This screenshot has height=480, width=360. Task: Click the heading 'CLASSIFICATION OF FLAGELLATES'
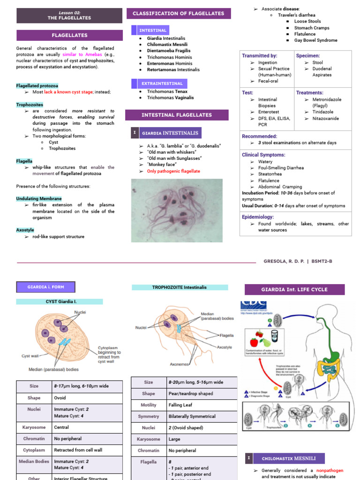(179, 14)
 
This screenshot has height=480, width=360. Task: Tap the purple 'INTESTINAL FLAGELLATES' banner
(177, 115)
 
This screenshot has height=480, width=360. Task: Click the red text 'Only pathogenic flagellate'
(173, 171)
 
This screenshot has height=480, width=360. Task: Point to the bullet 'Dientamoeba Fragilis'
(169, 51)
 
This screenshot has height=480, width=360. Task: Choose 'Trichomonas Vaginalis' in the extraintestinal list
(170, 97)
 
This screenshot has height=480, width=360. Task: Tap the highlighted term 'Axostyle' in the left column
(25, 230)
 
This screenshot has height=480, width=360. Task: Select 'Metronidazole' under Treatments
(327, 99)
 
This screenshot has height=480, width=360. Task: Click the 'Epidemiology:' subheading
(258, 217)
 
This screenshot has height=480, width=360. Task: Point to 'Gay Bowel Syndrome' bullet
(315, 40)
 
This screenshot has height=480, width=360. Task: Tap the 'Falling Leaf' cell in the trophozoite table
(180, 405)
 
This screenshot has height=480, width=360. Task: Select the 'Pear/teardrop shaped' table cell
(190, 394)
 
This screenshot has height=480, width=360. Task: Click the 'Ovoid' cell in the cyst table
(60, 398)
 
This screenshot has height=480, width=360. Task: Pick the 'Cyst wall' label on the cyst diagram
(30, 356)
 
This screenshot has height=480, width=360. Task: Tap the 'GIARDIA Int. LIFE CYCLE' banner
(295, 289)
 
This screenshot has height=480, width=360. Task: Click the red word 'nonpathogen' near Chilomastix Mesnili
(330, 470)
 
